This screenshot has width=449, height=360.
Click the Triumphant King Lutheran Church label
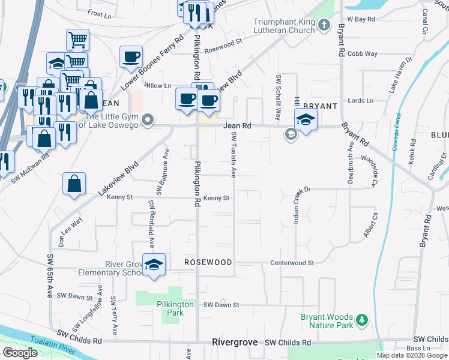(284, 26)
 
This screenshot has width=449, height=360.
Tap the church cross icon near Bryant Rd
(324, 25)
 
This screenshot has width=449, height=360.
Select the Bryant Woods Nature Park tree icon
(361, 320)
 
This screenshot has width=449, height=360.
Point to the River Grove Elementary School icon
(154, 265)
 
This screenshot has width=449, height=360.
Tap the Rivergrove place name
(235, 342)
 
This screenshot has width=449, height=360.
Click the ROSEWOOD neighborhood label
(208, 262)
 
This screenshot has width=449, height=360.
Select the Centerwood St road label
(292, 263)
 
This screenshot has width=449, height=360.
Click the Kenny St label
(217, 198)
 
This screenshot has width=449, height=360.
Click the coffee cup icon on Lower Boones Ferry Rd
(131, 57)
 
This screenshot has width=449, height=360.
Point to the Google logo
(20, 353)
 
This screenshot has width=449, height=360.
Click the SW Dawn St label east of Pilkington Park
(221, 305)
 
